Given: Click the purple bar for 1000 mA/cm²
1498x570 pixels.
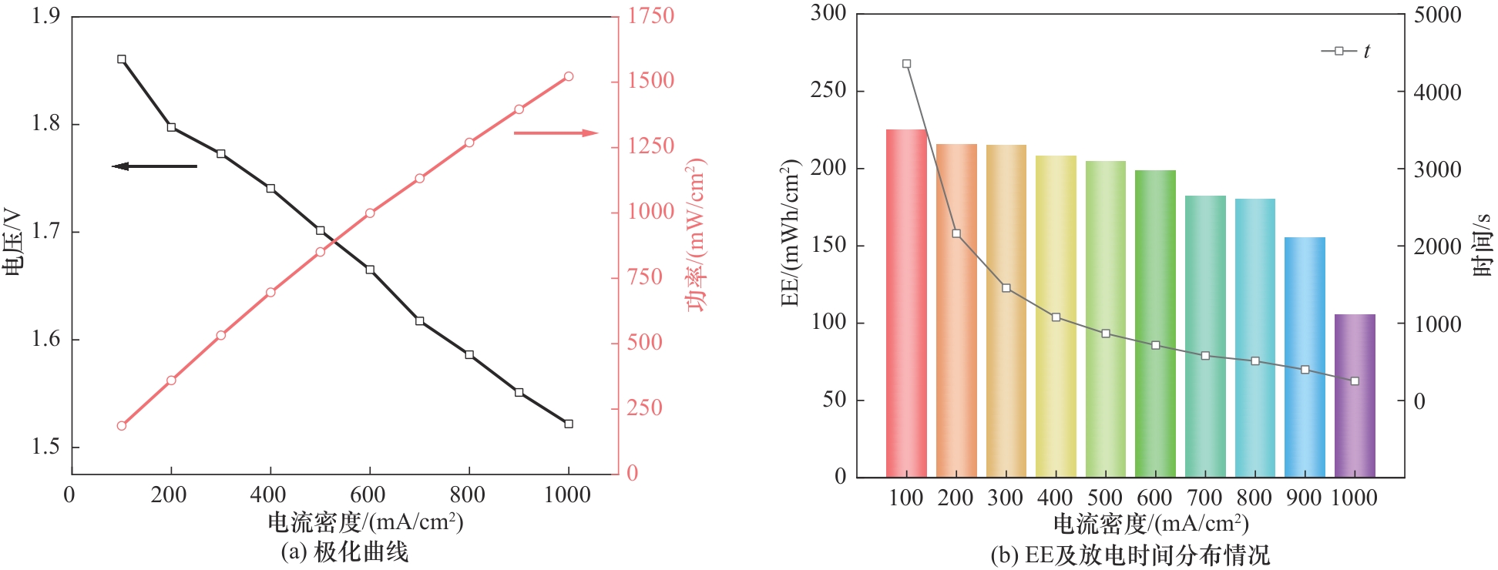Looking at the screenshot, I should [1355, 396].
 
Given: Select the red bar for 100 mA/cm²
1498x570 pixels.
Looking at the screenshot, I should [906, 303].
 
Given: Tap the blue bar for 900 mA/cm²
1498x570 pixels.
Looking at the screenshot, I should [1305, 357].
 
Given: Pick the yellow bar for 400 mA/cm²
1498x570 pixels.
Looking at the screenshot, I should [1056, 317].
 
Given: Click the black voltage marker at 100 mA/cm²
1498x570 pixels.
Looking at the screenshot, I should [122, 59].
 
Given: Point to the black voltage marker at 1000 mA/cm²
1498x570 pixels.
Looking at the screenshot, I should [569, 424].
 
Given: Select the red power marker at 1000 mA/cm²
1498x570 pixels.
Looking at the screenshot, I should [569, 76].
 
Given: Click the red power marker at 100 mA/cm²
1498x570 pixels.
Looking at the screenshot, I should [122, 426].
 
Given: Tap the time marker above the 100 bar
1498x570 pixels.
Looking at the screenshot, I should [906, 64].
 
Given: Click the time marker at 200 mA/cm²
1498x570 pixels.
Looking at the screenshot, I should [956, 233].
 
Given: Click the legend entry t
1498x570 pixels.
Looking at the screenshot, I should [1346, 52].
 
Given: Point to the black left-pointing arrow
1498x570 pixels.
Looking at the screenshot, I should [154, 166].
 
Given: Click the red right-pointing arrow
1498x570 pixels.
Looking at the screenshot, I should [556, 133].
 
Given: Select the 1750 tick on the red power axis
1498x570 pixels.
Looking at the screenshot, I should [650, 15].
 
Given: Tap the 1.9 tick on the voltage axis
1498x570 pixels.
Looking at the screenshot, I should [45, 15].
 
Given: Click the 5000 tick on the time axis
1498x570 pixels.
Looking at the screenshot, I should [1437, 15].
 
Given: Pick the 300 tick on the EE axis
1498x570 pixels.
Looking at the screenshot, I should [828, 13].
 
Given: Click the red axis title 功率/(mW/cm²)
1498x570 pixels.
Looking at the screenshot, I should [696, 235].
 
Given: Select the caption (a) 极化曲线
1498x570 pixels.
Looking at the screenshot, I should [344, 552].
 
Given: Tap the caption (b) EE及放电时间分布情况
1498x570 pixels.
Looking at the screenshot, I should [1130, 555].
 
